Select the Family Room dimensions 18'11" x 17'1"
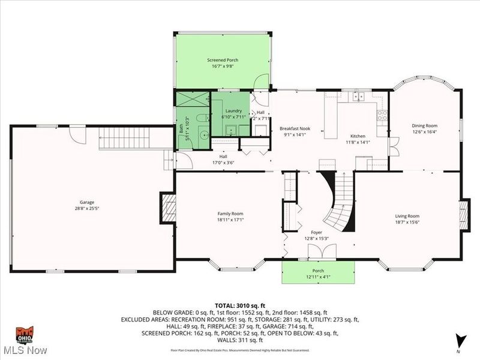pos(230,220)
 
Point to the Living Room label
pos(407,216)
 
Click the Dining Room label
pos(424,125)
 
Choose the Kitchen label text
pos(358,136)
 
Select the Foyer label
pos(317,232)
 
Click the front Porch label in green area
pos(318,271)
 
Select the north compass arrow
pos(460,340)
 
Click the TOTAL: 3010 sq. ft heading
pos(239,305)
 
